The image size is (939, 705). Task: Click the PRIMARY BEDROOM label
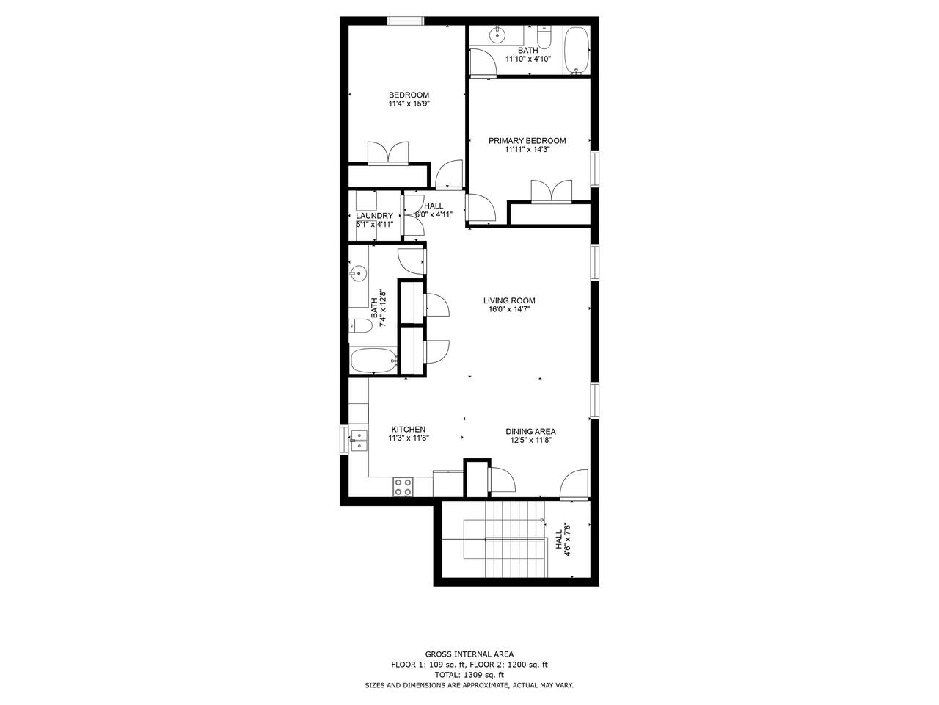[x=527, y=141]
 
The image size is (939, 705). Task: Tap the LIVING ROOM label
[x=509, y=300]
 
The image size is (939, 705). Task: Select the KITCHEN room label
[x=409, y=430]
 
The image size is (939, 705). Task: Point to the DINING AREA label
[x=530, y=432]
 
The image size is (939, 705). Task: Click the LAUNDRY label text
[x=374, y=216]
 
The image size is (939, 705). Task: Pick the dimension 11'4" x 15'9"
[x=409, y=104]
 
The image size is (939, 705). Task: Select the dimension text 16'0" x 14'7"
[x=509, y=309]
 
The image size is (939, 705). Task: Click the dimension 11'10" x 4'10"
[x=528, y=59]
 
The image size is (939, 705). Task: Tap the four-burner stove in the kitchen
[x=403, y=487]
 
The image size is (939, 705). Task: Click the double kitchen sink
[x=359, y=441]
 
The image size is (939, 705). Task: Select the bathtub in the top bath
[x=576, y=51]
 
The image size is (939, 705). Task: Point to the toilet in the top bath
[x=544, y=37]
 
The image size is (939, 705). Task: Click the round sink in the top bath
[x=497, y=35]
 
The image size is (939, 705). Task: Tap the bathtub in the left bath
[x=374, y=361]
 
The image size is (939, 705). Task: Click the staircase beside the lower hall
[x=516, y=539]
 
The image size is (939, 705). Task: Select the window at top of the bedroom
[x=406, y=21]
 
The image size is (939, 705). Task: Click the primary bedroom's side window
[x=594, y=169]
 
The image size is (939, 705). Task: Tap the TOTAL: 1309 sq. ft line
[x=469, y=675]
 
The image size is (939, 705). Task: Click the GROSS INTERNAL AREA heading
[x=469, y=654]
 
